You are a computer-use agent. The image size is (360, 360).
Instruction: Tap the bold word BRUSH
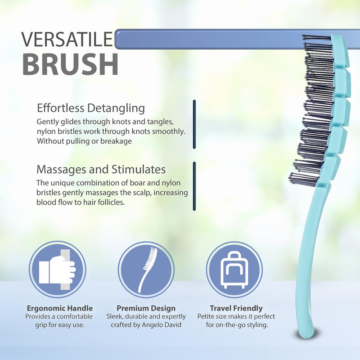(x=70, y=64)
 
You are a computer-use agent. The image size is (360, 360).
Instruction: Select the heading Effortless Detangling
(x=90, y=108)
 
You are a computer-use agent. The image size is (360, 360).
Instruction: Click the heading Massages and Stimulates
(x=101, y=170)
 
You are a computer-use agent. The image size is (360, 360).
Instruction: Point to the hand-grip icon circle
(x=57, y=270)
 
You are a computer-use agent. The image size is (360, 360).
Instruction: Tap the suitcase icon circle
(x=234, y=270)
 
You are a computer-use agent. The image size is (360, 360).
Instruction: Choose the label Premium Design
(x=146, y=308)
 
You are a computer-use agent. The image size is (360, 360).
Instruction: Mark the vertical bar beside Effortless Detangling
(x=194, y=124)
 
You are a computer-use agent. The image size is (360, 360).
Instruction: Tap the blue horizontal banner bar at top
(x=216, y=39)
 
